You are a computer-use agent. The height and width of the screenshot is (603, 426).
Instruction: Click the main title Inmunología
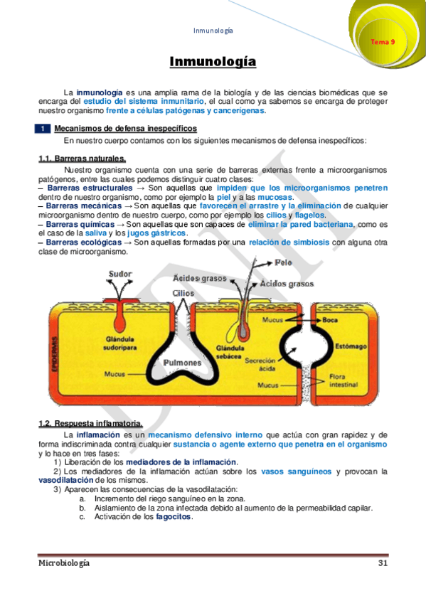[213, 63]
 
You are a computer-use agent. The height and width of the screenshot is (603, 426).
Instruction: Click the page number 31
[382, 563]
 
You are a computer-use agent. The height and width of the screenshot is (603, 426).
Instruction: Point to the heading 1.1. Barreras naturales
[82, 159]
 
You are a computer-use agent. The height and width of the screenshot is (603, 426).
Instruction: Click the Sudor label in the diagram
[120, 273]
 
